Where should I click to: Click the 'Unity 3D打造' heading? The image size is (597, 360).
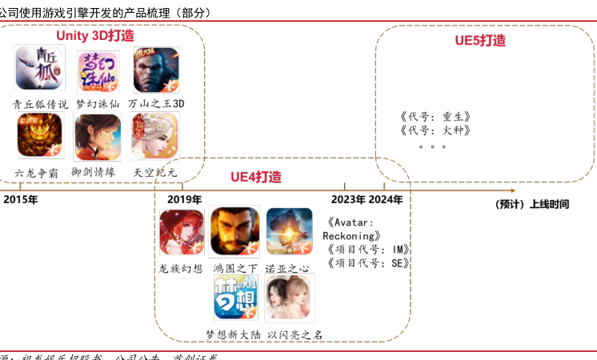(94, 36)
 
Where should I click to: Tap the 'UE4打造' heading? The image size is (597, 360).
(256, 177)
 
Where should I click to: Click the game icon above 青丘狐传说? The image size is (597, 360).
(39, 68)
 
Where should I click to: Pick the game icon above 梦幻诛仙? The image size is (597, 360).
(98, 72)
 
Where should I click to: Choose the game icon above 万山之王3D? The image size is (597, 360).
(156, 70)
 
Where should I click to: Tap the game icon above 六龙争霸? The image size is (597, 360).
(40, 136)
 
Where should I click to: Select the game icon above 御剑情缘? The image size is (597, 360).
(98, 137)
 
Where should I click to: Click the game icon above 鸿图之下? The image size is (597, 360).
(234, 231)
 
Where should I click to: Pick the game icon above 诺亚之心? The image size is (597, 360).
(289, 231)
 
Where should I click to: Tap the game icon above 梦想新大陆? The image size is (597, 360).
(235, 297)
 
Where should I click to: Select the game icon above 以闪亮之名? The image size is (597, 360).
(290, 297)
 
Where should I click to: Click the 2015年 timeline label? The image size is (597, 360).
(21, 199)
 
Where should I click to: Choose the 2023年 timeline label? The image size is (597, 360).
(349, 199)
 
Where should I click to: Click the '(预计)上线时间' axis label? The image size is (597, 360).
(532, 204)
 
